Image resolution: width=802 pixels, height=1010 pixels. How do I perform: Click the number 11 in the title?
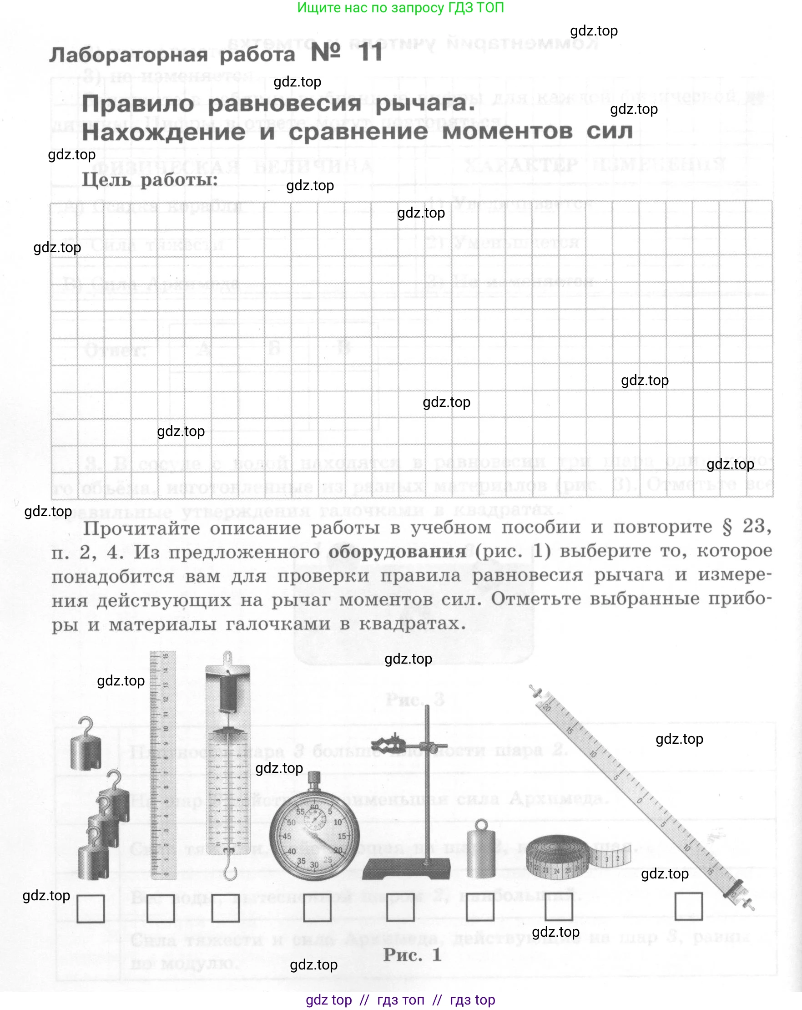click(371, 52)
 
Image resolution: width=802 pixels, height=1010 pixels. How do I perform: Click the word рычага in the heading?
click(425, 103)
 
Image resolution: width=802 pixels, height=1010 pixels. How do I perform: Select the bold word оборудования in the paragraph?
click(397, 551)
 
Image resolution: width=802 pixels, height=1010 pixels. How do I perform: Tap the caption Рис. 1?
click(412, 955)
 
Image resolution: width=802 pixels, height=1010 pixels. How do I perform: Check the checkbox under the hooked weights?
click(91, 909)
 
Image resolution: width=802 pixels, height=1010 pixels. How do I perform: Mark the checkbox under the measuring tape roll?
click(559, 907)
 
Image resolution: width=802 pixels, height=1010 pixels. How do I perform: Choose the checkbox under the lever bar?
click(688, 906)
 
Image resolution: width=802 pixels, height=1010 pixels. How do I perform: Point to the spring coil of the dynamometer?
click(229, 693)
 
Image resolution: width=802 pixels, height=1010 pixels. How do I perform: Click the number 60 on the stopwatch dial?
click(315, 807)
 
